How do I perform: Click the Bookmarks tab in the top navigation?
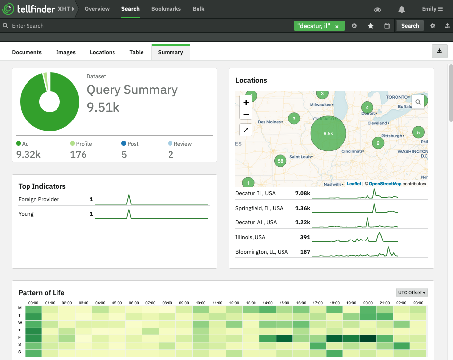(x=166, y=9)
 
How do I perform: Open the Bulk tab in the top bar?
(x=198, y=9)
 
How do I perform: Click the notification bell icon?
(x=402, y=9)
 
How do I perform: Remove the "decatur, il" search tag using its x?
(x=337, y=26)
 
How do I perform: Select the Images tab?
(x=66, y=52)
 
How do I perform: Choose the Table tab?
(x=137, y=52)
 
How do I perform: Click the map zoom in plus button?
(x=246, y=102)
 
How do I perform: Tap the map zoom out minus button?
(x=246, y=114)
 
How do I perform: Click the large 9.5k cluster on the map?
(x=328, y=133)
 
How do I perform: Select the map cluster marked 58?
(x=280, y=161)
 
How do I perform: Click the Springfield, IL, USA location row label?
(x=259, y=208)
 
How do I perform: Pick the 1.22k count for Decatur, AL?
(x=302, y=222)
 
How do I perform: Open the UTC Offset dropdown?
(x=412, y=293)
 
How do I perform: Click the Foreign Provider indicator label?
(x=38, y=199)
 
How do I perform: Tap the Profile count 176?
(x=79, y=154)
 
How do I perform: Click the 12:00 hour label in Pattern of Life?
(x=234, y=303)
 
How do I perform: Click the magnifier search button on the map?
(x=418, y=102)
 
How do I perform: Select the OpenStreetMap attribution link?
(x=385, y=184)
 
